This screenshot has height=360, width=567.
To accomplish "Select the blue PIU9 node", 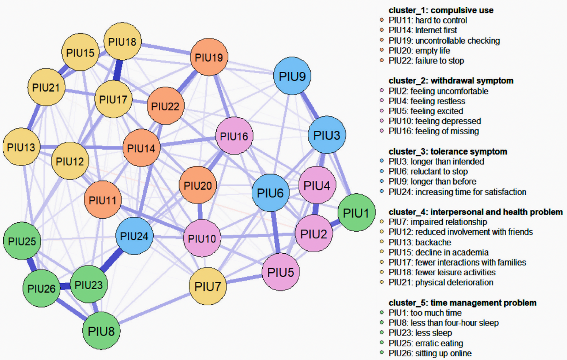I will (x=292, y=76).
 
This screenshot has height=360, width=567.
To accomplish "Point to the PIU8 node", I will (x=102, y=331).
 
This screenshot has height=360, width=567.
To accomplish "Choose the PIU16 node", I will (x=234, y=136).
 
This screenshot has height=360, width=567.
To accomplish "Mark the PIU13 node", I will (x=21, y=148).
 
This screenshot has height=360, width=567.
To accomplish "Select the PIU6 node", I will (x=271, y=193).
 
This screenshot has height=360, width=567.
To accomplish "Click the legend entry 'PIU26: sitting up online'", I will (x=430, y=354).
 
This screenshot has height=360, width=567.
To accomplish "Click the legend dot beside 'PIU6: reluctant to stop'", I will (x=382, y=172).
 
